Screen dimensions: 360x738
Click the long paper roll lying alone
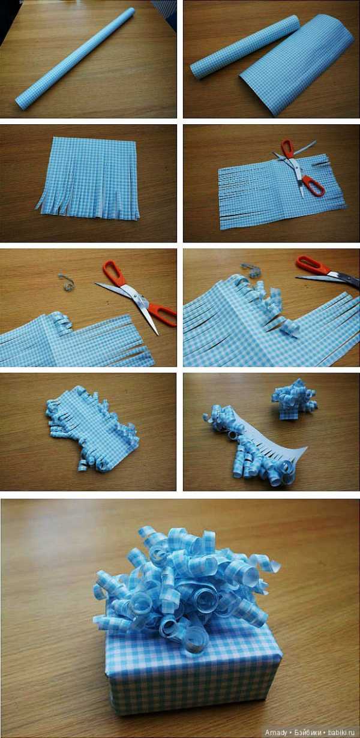[75, 59]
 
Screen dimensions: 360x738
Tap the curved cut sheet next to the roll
[296, 64]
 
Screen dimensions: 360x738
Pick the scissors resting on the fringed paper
[298, 167]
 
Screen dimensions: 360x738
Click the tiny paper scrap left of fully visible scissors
[66, 282]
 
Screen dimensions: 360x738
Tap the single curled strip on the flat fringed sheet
[62, 321]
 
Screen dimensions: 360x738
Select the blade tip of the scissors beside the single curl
[158, 334]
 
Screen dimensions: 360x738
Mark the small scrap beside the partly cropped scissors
[250, 269]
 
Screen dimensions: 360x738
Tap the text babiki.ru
[341, 733]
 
